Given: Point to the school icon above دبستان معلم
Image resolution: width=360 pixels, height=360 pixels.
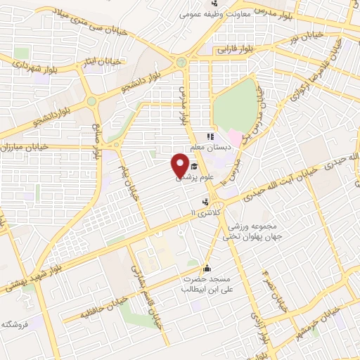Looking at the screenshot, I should click(x=209, y=136).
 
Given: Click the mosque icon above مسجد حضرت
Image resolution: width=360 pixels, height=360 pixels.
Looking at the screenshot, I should click(x=207, y=267).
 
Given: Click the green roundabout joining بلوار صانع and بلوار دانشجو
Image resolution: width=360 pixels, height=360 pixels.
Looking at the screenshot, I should click(x=91, y=102).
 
